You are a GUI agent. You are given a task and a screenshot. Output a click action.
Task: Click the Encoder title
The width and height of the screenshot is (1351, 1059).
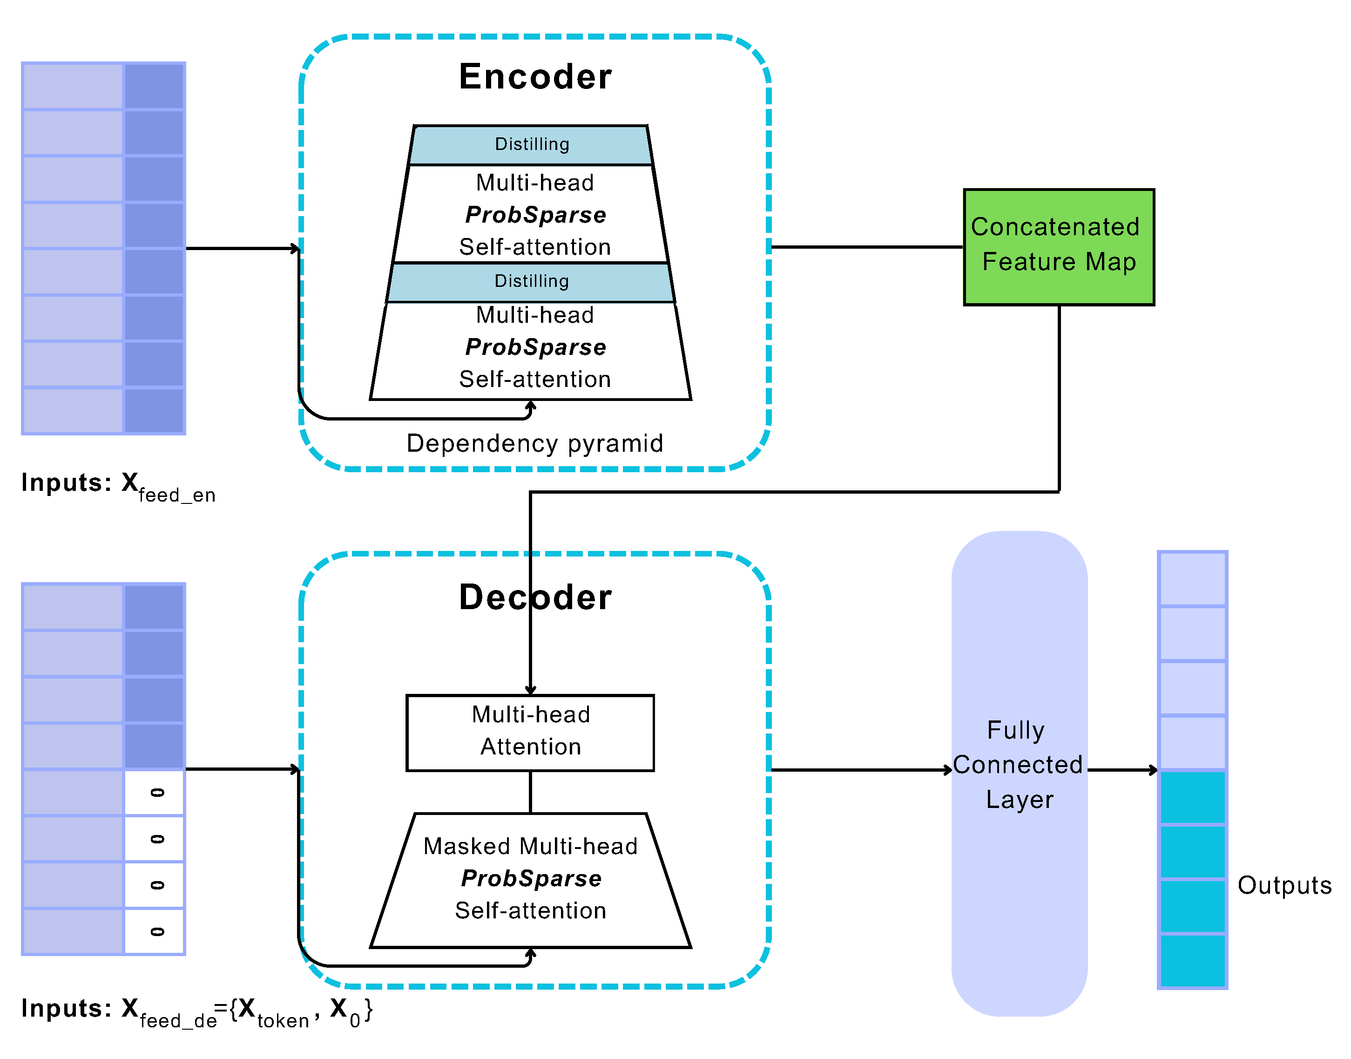pos(535,77)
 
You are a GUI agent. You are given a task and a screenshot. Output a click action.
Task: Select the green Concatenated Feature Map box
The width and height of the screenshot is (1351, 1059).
pos(1059,247)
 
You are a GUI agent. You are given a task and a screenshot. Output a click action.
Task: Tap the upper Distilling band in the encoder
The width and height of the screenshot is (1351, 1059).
pos(531,144)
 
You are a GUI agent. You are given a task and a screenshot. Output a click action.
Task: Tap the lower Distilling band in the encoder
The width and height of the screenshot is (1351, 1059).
pos(531,281)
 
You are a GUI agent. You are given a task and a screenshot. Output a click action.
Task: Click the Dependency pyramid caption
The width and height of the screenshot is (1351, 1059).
pos(535,443)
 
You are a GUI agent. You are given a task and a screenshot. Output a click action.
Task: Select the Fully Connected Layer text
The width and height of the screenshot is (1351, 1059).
pos(1018,765)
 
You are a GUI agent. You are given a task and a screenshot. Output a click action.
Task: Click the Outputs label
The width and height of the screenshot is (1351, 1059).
pos(1284,885)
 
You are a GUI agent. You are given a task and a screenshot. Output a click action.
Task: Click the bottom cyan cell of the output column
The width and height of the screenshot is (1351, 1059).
pos(1192,960)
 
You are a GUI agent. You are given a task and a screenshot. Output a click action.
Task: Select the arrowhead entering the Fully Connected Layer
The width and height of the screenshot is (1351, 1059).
pos(948,770)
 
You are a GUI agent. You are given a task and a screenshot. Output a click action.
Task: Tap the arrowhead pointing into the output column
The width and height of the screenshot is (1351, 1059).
pos(1154,770)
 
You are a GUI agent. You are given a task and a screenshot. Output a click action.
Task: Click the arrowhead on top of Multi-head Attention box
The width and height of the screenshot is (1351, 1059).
pos(531,690)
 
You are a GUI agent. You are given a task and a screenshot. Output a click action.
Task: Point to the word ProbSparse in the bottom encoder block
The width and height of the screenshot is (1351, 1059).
pos(535,347)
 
